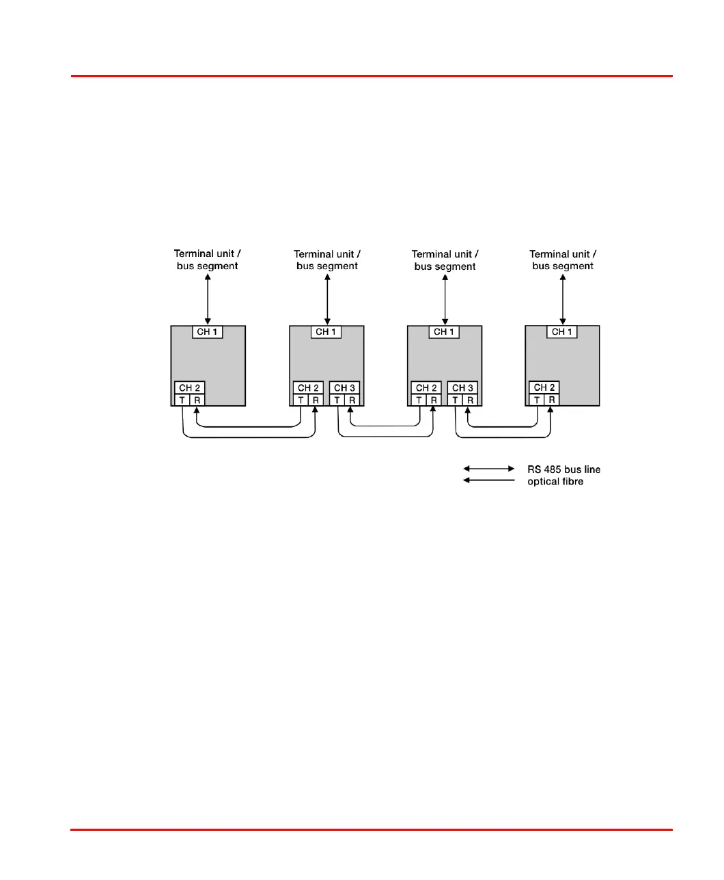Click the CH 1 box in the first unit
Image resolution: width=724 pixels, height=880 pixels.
[x=208, y=332]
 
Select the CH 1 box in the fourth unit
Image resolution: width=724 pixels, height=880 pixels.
[x=562, y=332]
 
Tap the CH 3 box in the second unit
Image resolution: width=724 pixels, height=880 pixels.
[x=344, y=388]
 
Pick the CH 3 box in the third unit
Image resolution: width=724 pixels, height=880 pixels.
[x=462, y=388]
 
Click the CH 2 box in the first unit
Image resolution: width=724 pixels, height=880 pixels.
[x=190, y=388]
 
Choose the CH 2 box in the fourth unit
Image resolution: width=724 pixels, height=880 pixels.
[x=544, y=387]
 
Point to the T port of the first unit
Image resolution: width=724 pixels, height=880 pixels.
[x=182, y=400]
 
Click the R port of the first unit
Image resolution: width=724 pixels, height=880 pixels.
[x=197, y=400]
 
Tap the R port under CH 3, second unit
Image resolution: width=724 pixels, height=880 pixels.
[x=352, y=400]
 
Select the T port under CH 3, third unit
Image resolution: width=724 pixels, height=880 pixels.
[x=455, y=400]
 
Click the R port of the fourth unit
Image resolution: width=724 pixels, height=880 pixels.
[x=551, y=400]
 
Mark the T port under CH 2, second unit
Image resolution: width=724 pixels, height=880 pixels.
[x=301, y=400]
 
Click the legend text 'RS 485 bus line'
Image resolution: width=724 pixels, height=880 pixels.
[x=563, y=469]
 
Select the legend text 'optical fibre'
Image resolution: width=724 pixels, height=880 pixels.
[x=555, y=482]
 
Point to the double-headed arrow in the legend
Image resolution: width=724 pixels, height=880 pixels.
[x=489, y=469]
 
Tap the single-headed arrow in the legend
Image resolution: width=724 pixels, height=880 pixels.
[x=489, y=480]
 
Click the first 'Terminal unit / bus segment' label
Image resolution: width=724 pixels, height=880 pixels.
[x=208, y=260]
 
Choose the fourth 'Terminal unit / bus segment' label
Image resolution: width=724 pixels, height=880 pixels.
[x=563, y=260]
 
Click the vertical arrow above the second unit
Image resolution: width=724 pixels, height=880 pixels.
[x=327, y=299]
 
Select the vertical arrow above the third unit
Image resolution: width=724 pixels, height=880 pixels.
[x=445, y=299]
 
